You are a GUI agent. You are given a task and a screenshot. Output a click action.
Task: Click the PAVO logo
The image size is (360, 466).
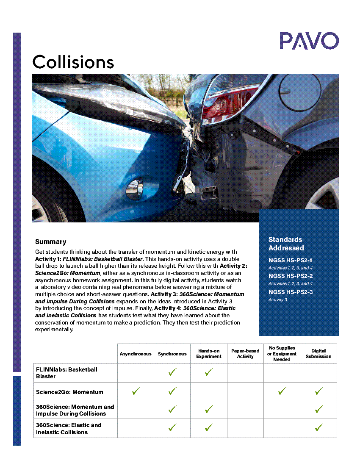[x=309, y=41]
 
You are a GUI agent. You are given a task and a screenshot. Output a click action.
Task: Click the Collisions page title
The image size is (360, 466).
[x=73, y=62]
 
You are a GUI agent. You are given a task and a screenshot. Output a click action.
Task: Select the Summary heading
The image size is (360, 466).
[x=50, y=242]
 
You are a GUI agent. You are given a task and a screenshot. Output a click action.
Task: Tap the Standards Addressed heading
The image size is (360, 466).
[x=286, y=244]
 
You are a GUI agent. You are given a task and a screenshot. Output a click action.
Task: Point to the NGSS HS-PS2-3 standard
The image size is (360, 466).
[x=291, y=292]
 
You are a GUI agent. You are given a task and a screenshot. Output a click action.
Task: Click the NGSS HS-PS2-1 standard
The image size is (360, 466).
[x=291, y=261]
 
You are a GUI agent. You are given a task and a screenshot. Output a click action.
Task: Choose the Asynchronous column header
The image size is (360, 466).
[x=136, y=354]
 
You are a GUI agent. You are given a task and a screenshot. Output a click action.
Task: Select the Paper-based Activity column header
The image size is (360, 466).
[x=245, y=354]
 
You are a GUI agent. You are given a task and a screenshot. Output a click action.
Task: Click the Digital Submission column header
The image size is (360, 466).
[x=318, y=354]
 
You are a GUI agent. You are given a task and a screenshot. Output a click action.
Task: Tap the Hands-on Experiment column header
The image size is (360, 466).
[x=209, y=354]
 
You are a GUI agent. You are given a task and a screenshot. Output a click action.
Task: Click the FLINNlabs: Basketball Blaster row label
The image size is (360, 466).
[x=66, y=373]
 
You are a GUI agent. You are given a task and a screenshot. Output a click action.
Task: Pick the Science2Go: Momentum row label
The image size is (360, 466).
[x=69, y=392]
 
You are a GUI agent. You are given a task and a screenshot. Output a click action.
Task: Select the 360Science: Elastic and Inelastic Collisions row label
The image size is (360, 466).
[x=69, y=428]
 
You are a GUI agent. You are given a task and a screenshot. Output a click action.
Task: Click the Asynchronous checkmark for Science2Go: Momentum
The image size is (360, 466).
[x=136, y=391]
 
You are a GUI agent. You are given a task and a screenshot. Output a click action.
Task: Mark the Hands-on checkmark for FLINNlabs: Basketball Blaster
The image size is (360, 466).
[x=209, y=372]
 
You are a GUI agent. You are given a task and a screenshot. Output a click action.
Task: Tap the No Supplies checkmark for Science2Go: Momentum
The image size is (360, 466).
[x=282, y=391]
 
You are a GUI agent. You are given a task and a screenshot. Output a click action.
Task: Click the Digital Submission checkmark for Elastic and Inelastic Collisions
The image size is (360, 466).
[x=318, y=428]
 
